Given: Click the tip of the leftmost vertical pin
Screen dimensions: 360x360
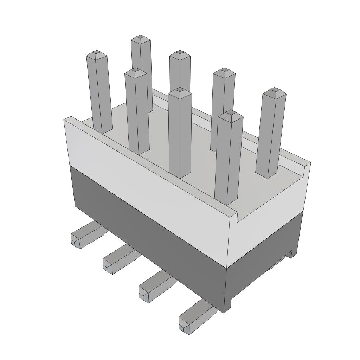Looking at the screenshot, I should (97, 54).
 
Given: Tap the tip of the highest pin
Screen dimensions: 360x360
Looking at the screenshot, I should (141, 37).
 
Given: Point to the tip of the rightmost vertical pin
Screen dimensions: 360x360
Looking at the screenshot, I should (275, 91).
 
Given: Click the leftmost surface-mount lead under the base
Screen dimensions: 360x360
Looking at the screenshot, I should (83, 236).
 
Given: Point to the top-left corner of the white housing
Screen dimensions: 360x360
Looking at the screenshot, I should (65, 120).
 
